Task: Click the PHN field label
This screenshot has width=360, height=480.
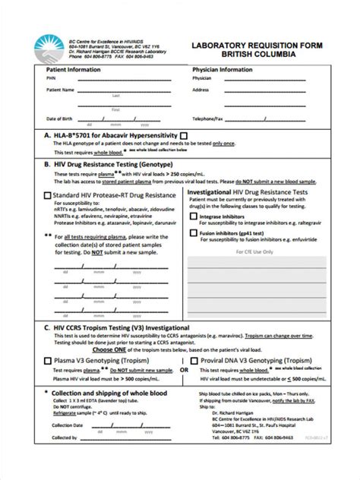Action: coord(50,77)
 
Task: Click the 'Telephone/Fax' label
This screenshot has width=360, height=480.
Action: coord(213,119)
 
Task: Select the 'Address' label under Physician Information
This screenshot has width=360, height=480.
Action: coord(201,90)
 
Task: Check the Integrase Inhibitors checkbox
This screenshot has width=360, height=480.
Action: coord(193,216)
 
